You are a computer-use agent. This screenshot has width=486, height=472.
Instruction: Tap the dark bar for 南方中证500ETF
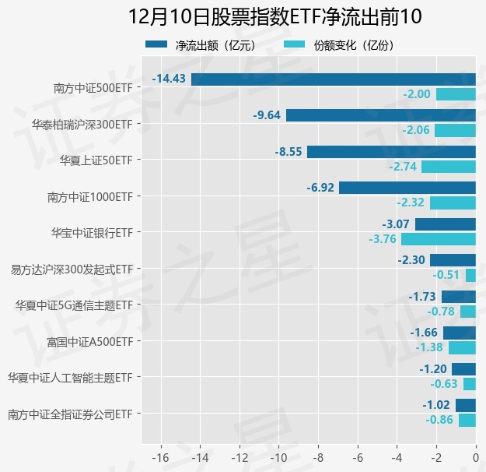coord(333,79)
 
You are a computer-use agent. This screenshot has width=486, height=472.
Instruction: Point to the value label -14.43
coord(169,79)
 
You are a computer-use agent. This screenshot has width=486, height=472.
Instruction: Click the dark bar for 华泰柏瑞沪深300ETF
coord(380,115)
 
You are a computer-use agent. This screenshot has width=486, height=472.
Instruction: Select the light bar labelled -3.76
coord(439,239)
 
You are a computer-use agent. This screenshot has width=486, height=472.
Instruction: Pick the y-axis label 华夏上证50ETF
coord(96,160)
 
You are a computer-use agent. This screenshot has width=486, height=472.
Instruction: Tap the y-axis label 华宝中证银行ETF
coord(91,232)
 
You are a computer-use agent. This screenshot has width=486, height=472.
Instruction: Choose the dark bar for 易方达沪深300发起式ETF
coord(453,260)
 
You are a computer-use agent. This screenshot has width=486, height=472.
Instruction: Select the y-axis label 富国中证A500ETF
coord(89,341)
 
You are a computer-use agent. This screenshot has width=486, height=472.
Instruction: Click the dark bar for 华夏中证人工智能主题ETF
coord(463,368)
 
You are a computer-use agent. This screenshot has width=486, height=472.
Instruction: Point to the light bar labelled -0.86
coord(467,420)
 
